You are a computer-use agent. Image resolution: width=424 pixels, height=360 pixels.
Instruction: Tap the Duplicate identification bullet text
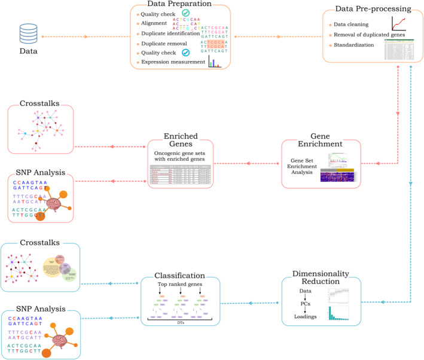(x=169, y=33)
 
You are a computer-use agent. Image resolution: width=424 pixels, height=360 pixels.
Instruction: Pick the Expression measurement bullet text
(x=171, y=62)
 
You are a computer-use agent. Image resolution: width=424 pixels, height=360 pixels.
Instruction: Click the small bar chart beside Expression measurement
(x=214, y=62)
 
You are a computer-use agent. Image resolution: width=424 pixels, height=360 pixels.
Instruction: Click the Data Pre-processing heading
(x=374, y=10)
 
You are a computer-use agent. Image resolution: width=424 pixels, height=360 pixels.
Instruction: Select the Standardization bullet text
(x=352, y=44)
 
